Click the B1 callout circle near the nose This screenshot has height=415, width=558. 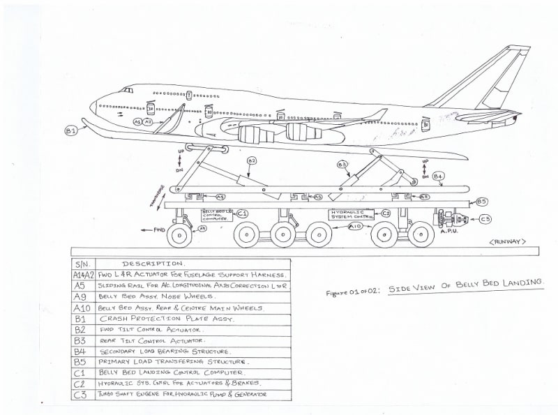pyautogui.click(x=70, y=130)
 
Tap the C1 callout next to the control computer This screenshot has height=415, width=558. pyautogui.click(x=243, y=213)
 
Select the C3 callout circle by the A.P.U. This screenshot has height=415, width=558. pyautogui.click(x=485, y=220)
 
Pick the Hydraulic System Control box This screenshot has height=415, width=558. pyautogui.click(x=353, y=213)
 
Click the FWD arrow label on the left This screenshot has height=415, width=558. pyautogui.click(x=155, y=228)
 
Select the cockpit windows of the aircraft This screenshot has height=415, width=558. pyautogui.click(x=126, y=91)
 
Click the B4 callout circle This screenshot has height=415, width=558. pyautogui.click(x=438, y=176)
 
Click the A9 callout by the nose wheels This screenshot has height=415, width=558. pyautogui.click(x=202, y=228)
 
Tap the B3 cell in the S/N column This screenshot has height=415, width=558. pyautogui.click(x=81, y=340)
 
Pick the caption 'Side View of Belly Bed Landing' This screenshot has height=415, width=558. pyautogui.click(x=465, y=284)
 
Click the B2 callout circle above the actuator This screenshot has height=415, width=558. pyautogui.click(x=252, y=160)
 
